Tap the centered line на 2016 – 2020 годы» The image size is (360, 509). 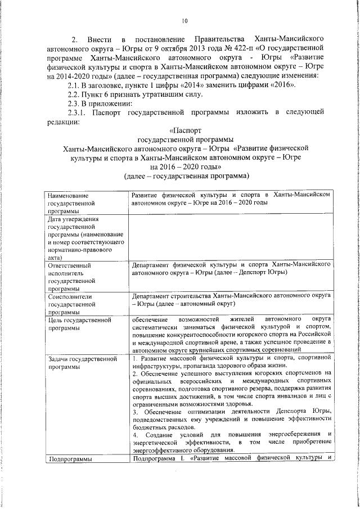pos(185,166)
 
